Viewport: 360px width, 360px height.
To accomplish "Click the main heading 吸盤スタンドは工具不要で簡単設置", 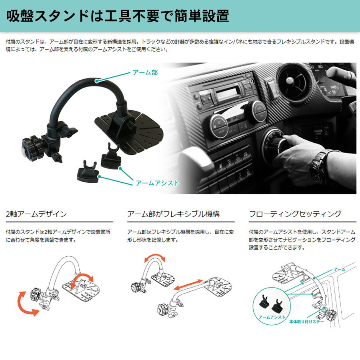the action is click(x=118, y=16).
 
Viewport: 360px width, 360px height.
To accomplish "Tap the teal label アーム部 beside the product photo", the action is click(x=145, y=72).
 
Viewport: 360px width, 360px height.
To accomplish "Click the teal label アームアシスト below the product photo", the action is click(x=157, y=183).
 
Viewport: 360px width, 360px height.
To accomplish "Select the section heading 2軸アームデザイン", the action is click(x=36, y=214).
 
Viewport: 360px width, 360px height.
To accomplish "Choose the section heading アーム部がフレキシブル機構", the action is click(x=174, y=214).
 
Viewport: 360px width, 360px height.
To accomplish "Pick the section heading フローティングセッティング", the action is click(x=295, y=214).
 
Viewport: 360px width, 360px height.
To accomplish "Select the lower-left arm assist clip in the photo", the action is click(x=88, y=172).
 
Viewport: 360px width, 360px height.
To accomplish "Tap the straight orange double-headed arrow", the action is click(x=188, y=285).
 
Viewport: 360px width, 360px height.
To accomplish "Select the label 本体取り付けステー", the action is click(x=306, y=322).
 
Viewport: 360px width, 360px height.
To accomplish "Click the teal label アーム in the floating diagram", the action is click(x=340, y=269).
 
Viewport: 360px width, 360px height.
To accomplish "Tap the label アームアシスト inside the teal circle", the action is click(x=272, y=317).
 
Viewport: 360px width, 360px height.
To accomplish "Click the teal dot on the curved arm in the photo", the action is click(x=97, y=81).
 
